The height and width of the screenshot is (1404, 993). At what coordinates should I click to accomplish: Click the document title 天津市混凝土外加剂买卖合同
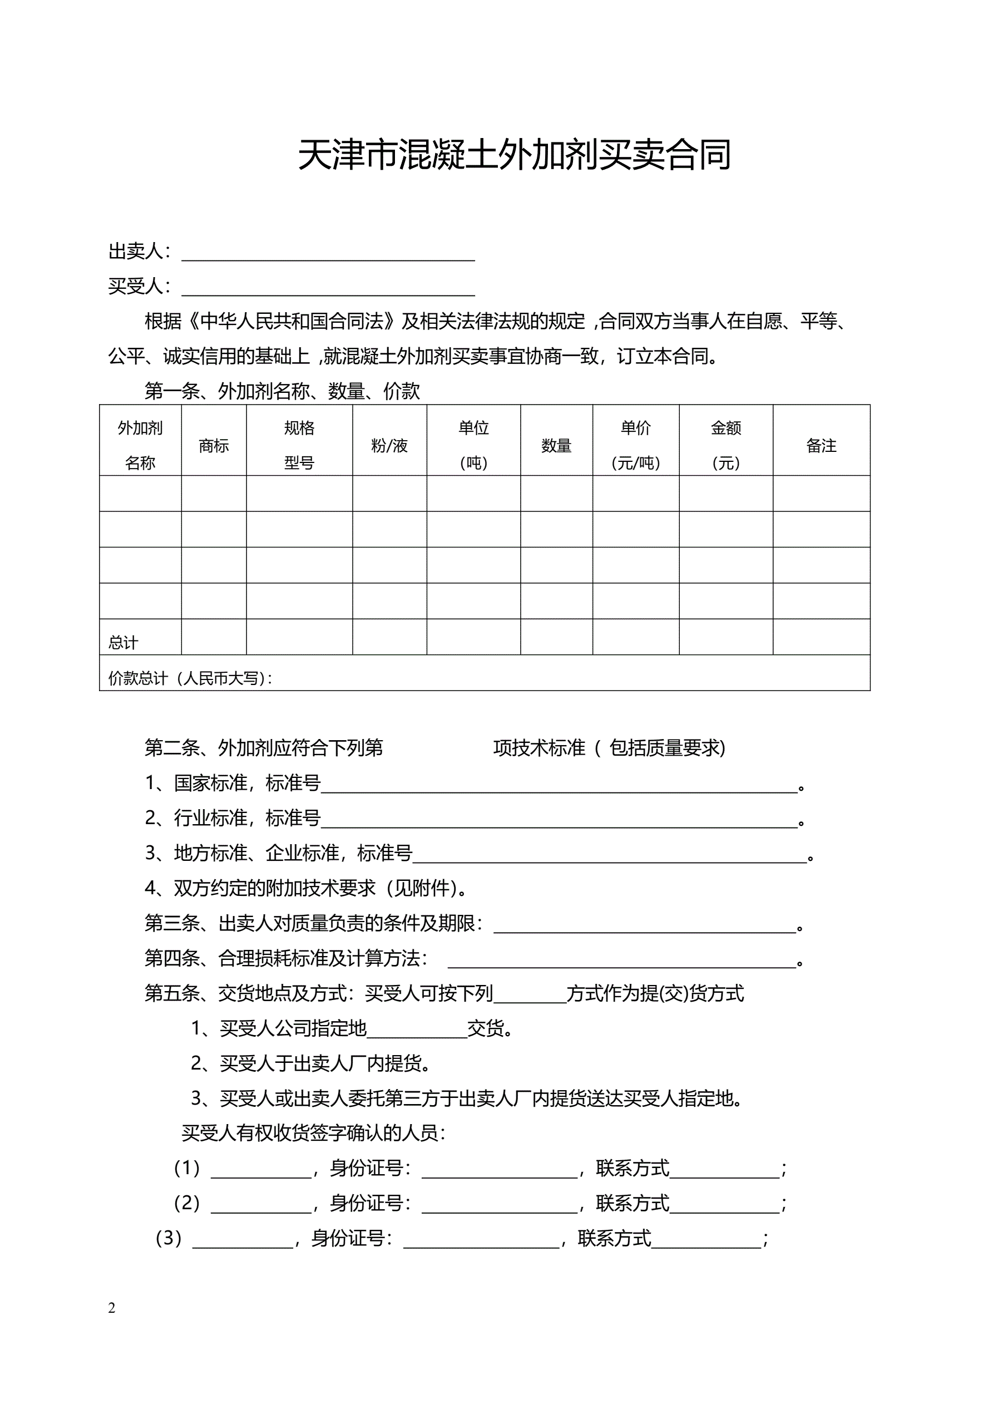[x=514, y=155]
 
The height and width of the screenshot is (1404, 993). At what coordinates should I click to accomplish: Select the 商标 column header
[x=214, y=446]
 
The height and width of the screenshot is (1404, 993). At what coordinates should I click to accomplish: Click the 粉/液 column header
[x=389, y=446]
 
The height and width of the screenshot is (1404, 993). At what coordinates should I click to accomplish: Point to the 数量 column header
[x=556, y=446]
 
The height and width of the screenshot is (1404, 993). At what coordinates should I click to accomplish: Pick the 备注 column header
[x=821, y=446]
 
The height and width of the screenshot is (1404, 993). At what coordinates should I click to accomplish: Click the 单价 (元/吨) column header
[x=635, y=445]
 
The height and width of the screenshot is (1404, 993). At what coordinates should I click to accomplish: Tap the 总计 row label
[x=123, y=643]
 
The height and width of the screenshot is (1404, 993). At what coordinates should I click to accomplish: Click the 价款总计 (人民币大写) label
[x=190, y=678]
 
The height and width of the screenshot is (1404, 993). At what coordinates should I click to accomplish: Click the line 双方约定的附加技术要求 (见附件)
[x=306, y=888]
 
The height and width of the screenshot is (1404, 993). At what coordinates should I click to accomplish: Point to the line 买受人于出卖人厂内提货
[x=310, y=1063]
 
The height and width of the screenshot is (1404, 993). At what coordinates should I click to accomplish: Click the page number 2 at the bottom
[x=111, y=1308]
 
